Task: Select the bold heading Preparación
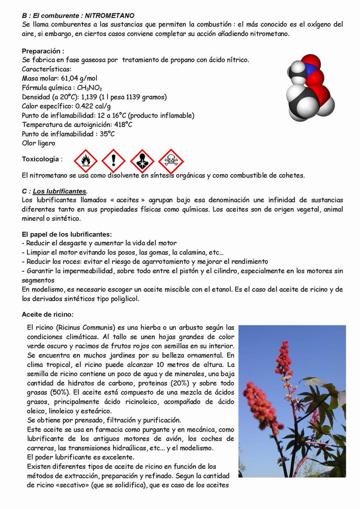(43, 51)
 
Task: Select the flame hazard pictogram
(86, 161)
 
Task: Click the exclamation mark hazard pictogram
(113, 161)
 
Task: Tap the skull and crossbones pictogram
(171, 161)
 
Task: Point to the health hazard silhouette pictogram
(142, 161)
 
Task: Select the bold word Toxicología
(41, 159)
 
